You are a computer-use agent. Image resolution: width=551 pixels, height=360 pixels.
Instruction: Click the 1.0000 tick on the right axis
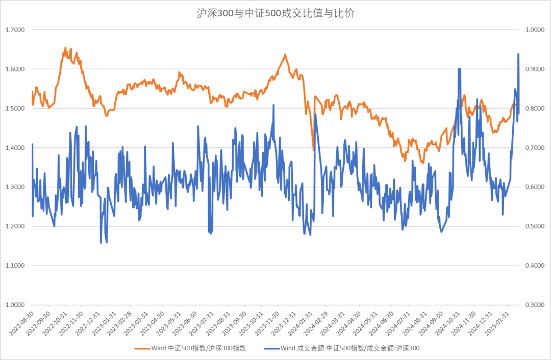pos(535,30)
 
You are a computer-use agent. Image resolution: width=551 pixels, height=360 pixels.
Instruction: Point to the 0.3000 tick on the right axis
pos(535,305)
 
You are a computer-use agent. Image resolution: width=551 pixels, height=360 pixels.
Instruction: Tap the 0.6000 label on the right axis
pos(535,187)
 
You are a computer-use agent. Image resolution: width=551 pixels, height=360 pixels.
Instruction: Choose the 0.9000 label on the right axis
pos(535,69)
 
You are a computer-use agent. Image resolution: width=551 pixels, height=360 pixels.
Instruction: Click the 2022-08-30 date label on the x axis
pos(22,323)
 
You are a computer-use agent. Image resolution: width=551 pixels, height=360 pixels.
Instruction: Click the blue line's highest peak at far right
pos(518,54)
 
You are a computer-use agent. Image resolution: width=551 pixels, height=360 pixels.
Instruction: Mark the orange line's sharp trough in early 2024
pos(313,149)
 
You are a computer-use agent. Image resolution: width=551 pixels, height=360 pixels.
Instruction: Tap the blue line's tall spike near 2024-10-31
pos(459,69)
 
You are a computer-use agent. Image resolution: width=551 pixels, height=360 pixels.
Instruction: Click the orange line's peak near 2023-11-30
pos(285,55)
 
